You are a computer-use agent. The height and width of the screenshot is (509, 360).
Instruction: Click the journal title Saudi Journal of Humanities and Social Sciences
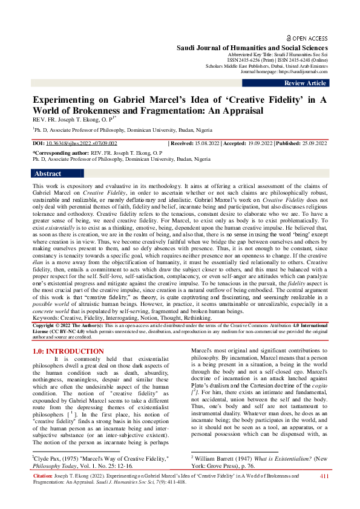[x=252, y=47]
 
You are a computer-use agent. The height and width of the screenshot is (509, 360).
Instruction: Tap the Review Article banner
[x=306, y=83]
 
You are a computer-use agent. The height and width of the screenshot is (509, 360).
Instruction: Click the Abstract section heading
[x=48, y=173]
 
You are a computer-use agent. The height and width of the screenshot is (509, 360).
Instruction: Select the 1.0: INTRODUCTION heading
[x=68, y=351]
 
